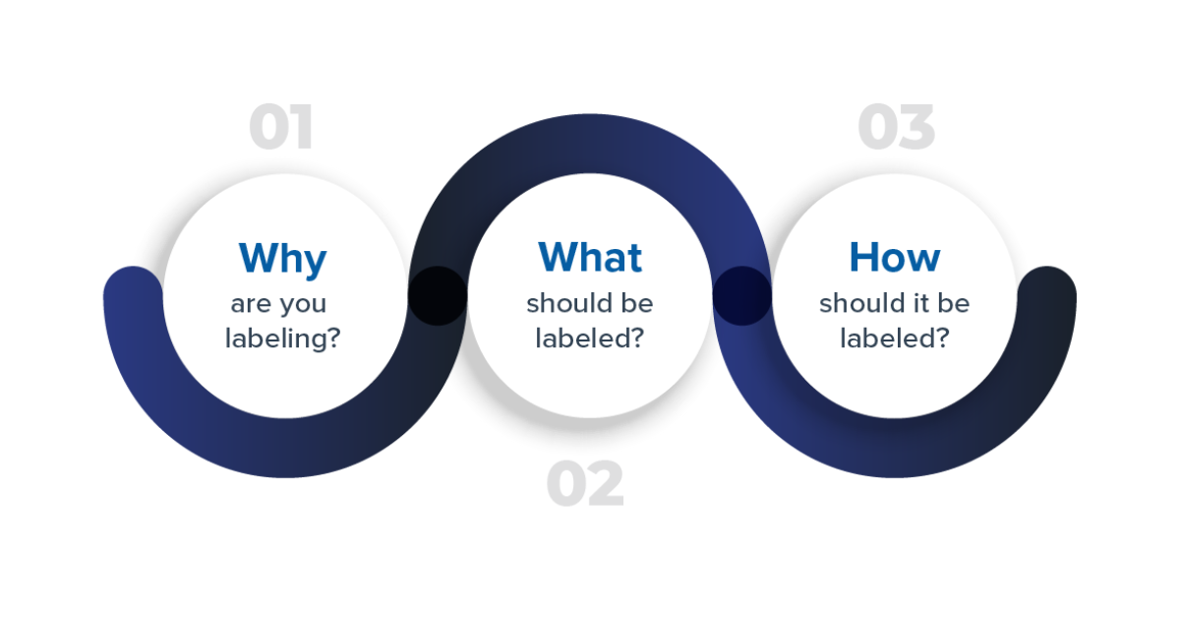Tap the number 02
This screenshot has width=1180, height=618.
[x=585, y=484]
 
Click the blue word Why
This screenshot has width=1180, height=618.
[x=282, y=258]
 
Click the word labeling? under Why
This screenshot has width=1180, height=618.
[x=283, y=338]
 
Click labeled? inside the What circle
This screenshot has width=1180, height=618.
[x=590, y=338]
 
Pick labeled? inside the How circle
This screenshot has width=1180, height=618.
[x=895, y=338]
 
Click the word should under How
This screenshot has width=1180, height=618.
[x=855, y=303]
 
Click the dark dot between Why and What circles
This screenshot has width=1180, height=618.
[x=438, y=295]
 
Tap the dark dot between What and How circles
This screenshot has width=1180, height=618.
[x=741, y=295]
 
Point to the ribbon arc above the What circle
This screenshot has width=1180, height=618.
[x=590, y=144]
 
